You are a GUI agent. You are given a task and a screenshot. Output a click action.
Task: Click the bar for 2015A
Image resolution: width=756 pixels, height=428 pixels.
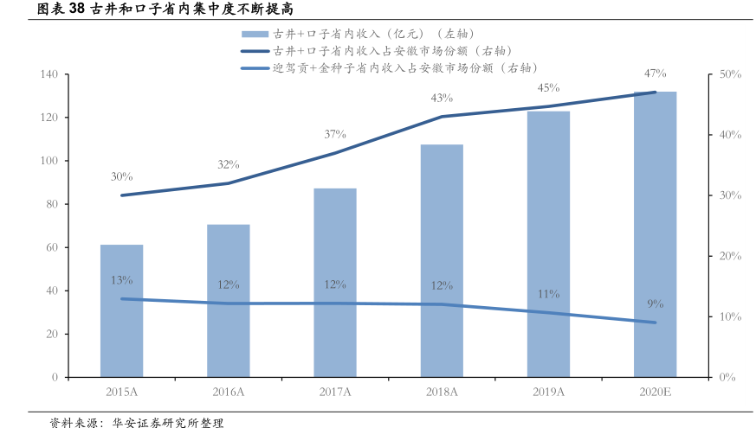click(121, 311)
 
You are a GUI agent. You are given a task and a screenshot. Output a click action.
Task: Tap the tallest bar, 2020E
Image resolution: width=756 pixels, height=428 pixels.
click(655, 234)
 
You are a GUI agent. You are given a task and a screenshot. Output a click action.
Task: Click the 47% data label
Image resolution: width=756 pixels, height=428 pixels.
click(655, 73)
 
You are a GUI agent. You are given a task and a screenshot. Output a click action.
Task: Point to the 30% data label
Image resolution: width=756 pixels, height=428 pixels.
click(121, 177)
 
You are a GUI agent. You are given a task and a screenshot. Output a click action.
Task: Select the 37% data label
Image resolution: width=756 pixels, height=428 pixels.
click(335, 134)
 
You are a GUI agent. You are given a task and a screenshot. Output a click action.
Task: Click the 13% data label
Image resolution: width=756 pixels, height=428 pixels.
click(121, 280)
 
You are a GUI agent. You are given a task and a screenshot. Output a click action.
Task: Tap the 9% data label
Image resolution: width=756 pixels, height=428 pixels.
click(655, 303)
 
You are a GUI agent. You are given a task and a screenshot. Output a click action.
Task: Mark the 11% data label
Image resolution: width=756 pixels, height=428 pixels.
click(548, 294)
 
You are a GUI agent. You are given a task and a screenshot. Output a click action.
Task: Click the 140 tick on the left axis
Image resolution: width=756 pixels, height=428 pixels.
click(48, 75)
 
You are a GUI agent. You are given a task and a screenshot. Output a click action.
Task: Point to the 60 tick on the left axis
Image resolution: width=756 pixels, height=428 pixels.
click(51, 247)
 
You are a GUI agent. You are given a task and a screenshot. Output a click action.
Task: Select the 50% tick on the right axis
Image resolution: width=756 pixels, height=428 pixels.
click(730, 75)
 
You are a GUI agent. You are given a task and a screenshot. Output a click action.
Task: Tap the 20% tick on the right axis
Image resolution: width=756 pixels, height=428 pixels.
click(730, 256)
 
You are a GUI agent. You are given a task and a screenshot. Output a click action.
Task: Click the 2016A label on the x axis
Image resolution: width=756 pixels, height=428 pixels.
click(229, 392)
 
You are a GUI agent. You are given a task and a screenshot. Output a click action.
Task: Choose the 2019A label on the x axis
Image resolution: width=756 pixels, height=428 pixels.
click(548, 392)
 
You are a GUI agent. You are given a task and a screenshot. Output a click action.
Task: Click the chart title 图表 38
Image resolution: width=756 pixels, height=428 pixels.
click(147, 10)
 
